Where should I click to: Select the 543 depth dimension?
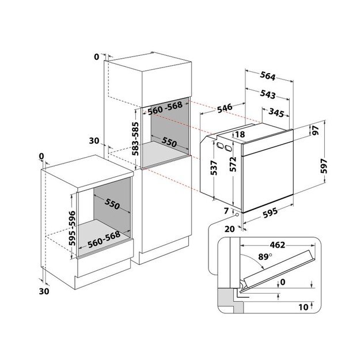[x=268, y=94]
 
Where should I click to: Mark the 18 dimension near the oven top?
[x=240, y=134]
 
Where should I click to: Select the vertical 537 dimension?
[x=214, y=167]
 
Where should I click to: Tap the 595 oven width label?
[x=270, y=212]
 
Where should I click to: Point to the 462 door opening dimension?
[x=278, y=245]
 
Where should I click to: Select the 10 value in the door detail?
[x=303, y=308]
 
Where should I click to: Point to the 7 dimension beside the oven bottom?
[x=226, y=211]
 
